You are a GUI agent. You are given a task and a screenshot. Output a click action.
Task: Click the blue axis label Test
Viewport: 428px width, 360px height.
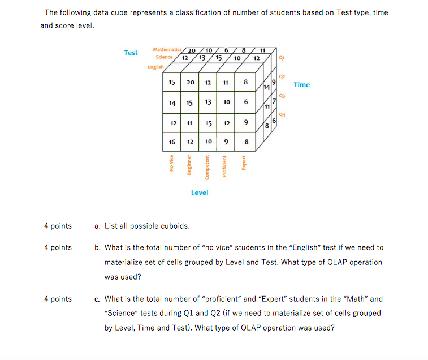(x=131, y=53)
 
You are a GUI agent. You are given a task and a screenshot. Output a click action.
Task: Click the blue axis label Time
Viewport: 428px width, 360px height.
(x=301, y=85)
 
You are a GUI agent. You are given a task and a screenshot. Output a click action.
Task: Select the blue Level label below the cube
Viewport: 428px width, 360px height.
(x=199, y=192)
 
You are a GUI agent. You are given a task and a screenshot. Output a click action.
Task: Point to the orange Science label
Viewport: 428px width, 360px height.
(x=164, y=57)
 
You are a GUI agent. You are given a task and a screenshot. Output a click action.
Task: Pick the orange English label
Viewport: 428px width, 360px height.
(x=155, y=67)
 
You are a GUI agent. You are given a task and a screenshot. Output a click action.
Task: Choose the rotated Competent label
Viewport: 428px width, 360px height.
(x=207, y=168)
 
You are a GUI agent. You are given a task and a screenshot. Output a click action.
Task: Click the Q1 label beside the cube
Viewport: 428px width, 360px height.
(x=281, y=58)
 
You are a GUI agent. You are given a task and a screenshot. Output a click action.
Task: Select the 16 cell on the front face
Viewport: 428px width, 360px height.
(x=172, y=142)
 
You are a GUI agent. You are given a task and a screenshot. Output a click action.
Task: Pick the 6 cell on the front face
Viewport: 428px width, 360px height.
(x=245, y=102)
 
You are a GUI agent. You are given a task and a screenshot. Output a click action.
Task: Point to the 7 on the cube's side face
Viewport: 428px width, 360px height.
(x=274, y=101)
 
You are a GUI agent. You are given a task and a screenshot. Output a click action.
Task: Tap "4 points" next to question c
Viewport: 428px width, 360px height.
(x=58, y=299)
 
